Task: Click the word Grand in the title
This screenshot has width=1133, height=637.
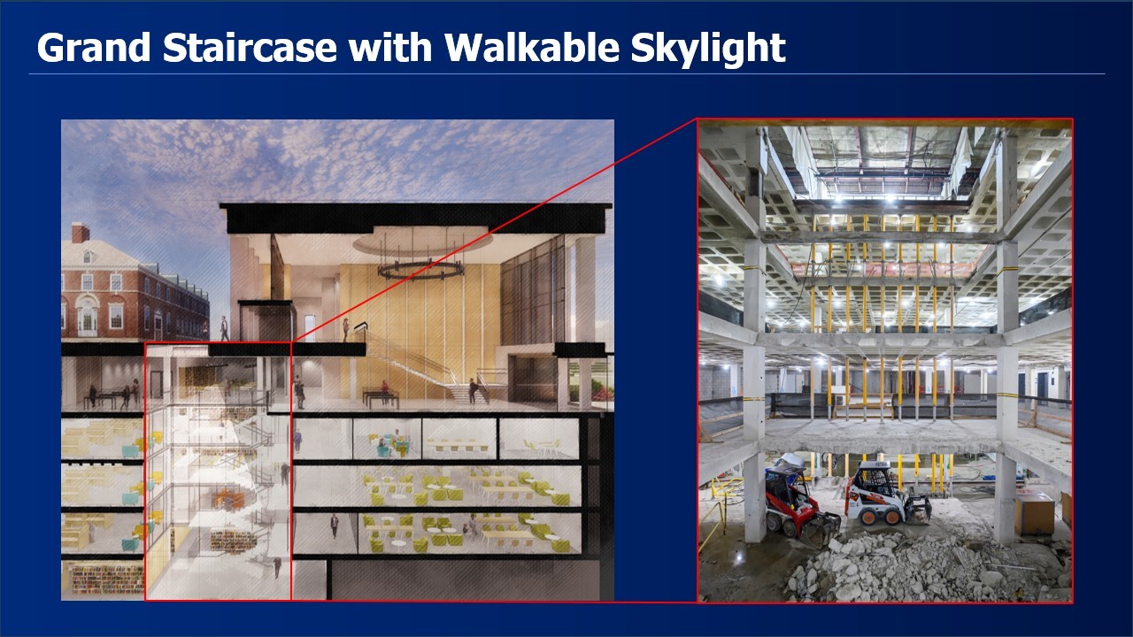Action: (94, 47)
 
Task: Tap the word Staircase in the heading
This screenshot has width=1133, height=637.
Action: (250, 47)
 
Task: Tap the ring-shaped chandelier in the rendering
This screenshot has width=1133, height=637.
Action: (420, 271)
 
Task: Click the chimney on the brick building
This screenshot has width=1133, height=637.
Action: (80, 233)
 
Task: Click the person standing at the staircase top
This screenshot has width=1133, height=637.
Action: (346, 330)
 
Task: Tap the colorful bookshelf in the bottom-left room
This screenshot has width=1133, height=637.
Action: (107, 579)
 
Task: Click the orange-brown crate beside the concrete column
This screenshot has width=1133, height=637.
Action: (1035, 513)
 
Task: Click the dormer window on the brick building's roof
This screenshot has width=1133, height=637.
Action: (87, 257)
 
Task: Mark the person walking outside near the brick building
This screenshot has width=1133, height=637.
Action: (224, 328)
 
